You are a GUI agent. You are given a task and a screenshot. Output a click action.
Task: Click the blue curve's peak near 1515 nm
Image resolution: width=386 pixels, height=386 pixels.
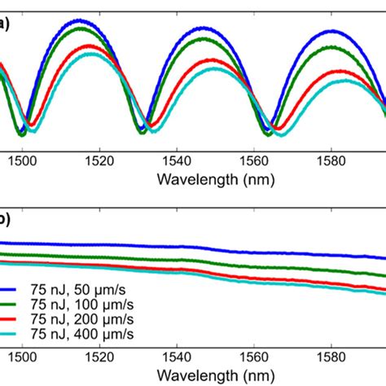78,20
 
